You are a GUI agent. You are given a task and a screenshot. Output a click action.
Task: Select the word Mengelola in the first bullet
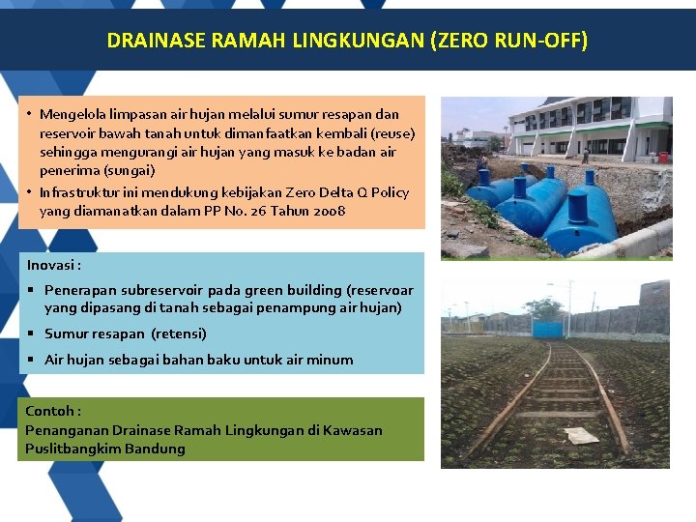click(x=74, y=114)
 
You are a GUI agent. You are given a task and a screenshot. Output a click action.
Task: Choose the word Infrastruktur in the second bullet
click(x=79, y=192)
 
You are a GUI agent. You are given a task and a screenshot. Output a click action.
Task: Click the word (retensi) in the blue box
click(x=179, y=333)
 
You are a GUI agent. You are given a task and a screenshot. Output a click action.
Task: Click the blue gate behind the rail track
click(x=548, y=329)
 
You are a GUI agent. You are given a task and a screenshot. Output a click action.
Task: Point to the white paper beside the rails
click(x=582, y=435)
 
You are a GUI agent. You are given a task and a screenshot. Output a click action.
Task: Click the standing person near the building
click(x=585, y=155)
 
